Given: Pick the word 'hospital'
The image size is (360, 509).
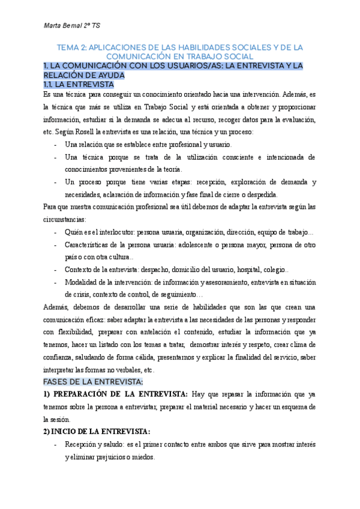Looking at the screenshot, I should (x=259, y=270).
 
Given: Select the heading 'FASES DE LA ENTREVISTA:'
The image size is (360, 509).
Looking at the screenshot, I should (x=92, y=382).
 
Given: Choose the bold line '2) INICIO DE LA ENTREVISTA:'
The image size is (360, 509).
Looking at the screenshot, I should (x=97, y=432).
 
